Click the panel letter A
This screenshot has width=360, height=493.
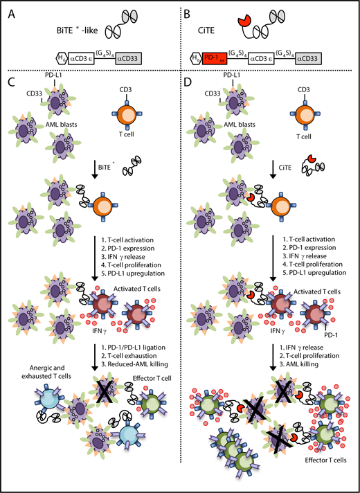8,9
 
